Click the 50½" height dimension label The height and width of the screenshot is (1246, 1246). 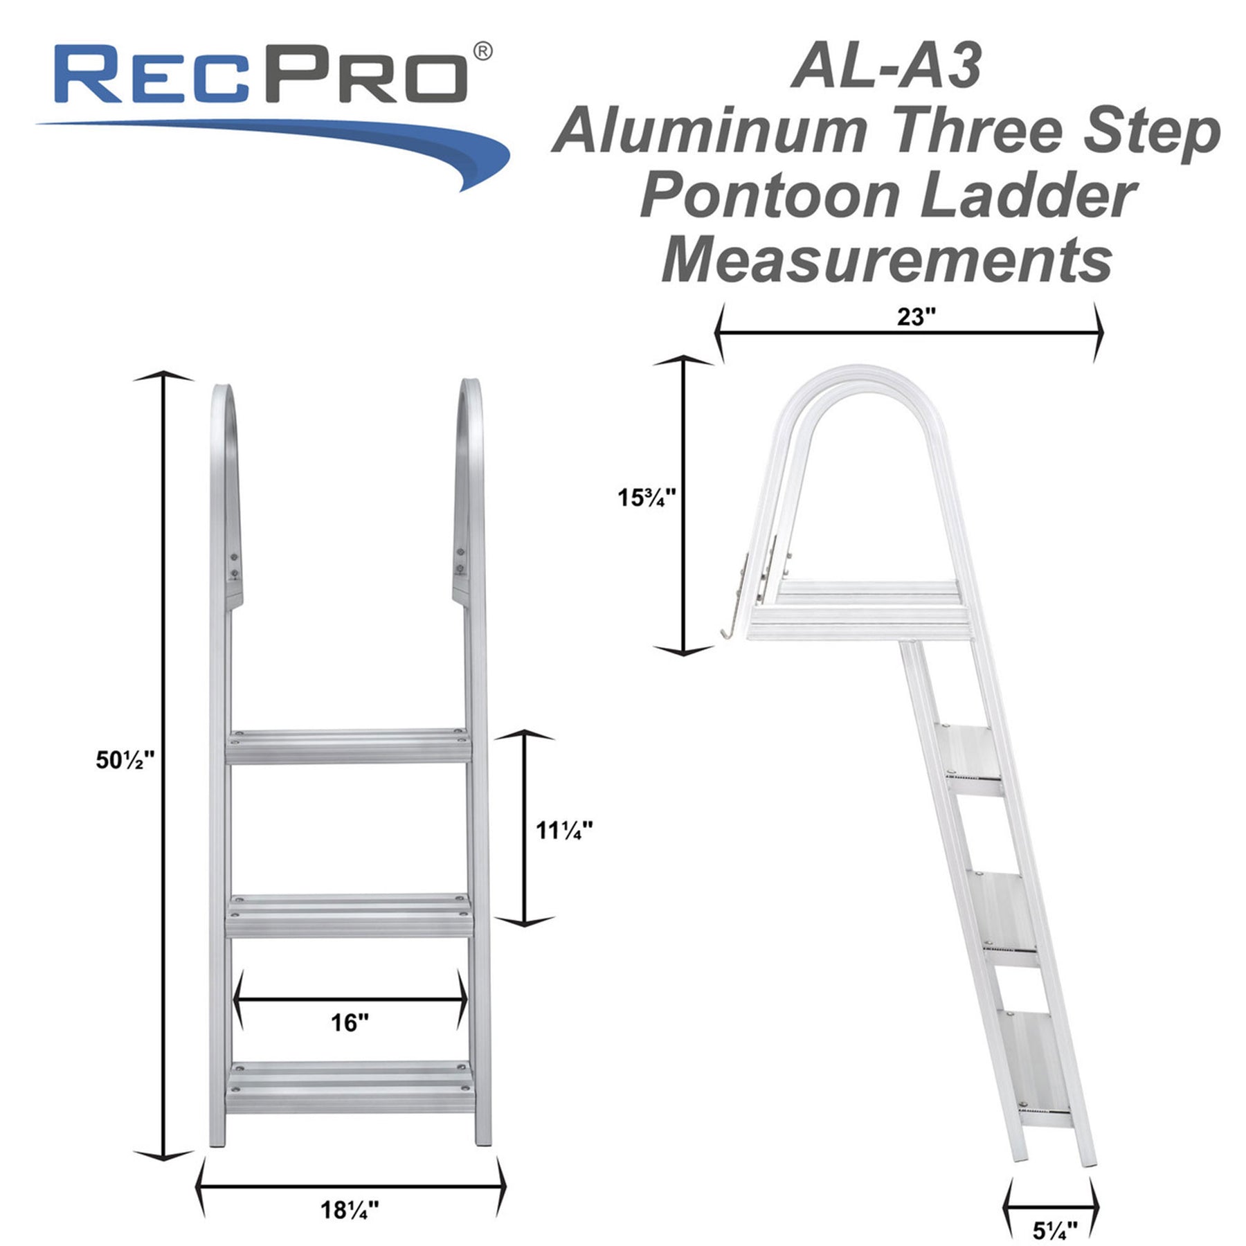tap(125, 760)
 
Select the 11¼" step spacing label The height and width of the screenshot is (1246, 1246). tap(564, 830)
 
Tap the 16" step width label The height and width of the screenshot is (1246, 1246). tap(350, 1022)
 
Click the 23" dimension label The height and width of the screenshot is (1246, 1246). tap(917, 316)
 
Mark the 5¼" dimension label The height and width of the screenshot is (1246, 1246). tap(1055, 1230)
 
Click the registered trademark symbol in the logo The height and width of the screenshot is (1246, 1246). tap(483, 51)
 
